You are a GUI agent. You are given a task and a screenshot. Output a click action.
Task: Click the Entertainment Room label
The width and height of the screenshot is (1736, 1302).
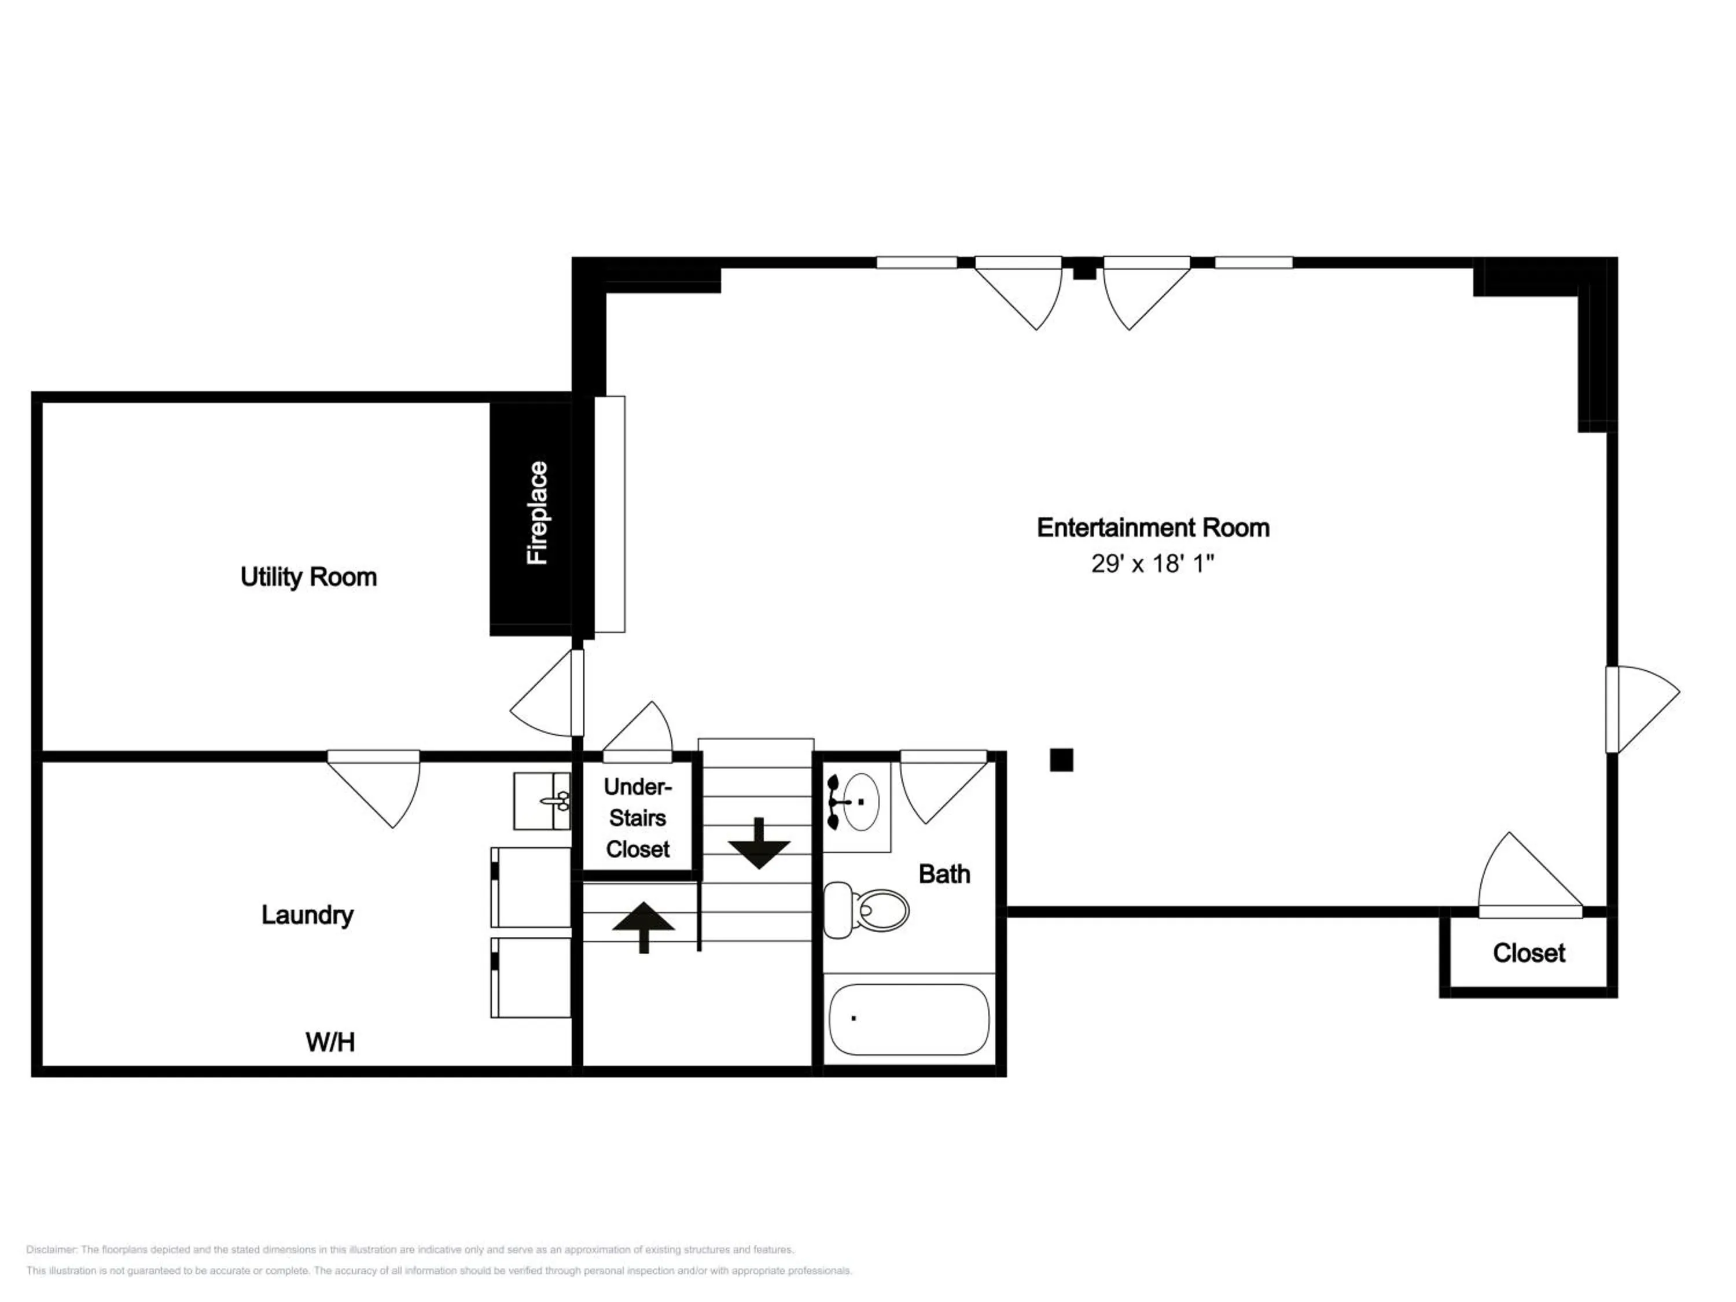[1153, 527]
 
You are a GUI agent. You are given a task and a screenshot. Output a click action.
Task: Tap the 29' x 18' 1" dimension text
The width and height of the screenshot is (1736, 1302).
[1152, 564]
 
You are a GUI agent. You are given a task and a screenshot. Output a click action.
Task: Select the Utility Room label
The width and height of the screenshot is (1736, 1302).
[308, 577]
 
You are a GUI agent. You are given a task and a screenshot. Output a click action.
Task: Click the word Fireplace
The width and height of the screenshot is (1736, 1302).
[538, 513]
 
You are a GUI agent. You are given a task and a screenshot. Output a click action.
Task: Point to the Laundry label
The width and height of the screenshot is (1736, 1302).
[307, 915]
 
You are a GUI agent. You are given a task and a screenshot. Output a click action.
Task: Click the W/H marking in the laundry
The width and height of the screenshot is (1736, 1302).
[330, 1042]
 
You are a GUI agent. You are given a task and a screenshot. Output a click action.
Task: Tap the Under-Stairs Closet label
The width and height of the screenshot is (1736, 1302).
[637, 818]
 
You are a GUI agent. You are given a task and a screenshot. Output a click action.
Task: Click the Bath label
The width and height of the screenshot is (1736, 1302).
[944, 874]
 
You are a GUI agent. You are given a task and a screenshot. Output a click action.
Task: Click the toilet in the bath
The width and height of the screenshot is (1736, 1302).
[866, 910]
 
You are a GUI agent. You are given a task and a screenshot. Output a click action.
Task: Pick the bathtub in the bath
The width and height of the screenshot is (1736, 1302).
[909, 1020]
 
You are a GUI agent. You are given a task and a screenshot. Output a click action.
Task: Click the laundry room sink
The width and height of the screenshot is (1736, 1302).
[542, 800]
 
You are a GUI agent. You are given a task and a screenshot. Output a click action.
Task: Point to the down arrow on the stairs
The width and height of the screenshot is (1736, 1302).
[758, 843]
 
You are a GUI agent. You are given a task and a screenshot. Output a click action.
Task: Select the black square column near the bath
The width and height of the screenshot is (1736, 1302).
[1061, 760]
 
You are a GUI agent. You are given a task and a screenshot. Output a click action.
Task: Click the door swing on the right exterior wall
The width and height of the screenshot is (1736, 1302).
[1643, 709]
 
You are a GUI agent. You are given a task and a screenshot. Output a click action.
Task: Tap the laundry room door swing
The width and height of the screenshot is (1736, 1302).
[374, 789]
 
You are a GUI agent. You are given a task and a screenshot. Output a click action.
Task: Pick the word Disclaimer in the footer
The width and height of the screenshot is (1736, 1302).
[51, 1249]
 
